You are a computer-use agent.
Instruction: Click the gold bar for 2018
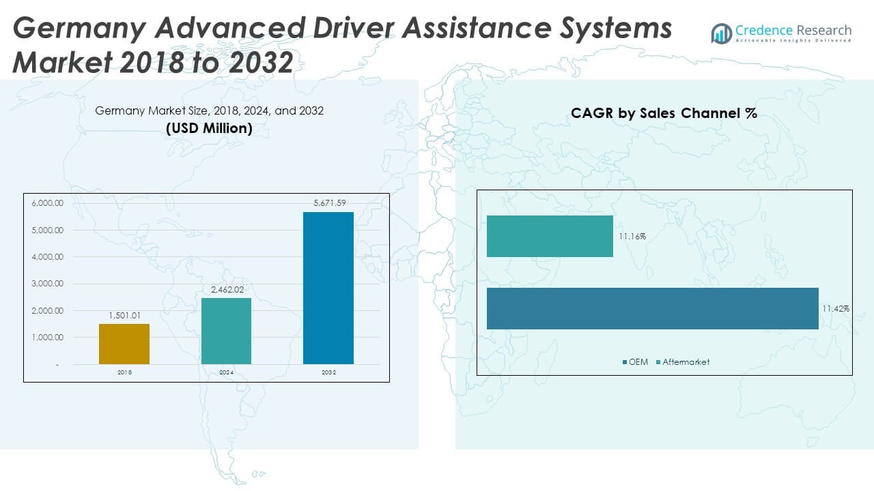pos(124,344)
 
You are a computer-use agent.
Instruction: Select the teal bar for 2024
pos(226,331)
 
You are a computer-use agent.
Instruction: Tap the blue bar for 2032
pos(328,288)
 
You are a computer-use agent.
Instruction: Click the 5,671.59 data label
pos(328,203)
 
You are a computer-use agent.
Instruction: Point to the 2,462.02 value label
pos(226,289)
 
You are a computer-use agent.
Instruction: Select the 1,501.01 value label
pos(124,316)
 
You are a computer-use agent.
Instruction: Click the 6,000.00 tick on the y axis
pos(47,203)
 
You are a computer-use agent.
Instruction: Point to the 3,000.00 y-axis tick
pos(47,284)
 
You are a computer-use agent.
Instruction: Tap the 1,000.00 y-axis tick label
pos(47,338)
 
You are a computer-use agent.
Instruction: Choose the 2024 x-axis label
pos(226,373)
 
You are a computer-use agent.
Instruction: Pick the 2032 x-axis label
pos(328,373)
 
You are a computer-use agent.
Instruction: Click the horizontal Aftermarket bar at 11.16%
pos(550,236)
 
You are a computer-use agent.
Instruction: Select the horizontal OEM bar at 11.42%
pos(652,308)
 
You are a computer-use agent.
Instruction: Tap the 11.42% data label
pos(836,309)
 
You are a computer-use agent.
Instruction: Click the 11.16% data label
pos(632,237)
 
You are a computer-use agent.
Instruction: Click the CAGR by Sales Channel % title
pos(664,114)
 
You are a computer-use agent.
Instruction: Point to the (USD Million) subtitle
pos(209,128)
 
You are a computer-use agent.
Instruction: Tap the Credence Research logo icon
pos(721,33)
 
